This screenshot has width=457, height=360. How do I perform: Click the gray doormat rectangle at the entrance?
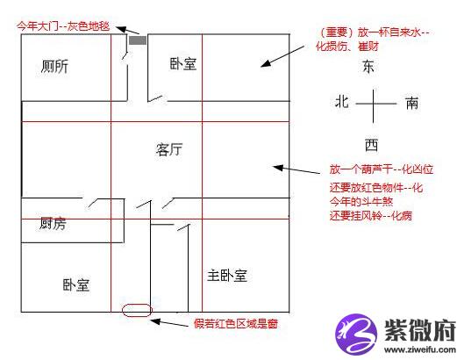pyautogui.click(x=138, y=40)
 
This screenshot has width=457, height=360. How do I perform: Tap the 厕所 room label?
pyautogui.click(x=55, y=67)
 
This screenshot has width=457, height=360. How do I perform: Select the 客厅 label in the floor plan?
pyautogui.click(x=169, y=149)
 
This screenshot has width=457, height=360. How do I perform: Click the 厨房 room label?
pyautogui.click(x=53, y=223)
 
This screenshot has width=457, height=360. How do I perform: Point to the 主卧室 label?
pyautogui.click(x=227, y=276)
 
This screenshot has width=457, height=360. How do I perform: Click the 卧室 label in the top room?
pyautogui.click(x=183, y=64)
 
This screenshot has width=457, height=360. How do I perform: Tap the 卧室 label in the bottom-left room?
pyautogui.click(x=76, y=284)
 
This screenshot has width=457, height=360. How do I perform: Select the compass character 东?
pyautogui.click(x=368, y=67)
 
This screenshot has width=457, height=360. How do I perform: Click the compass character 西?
pyautogui.click(x=371, y=145)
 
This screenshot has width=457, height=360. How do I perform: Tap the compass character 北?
pyautogui.click(x=342, y=102)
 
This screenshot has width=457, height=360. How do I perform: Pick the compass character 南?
pyautogui.click(x=412, y=103)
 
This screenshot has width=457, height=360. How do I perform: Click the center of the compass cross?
pyautogui.click(x=373, y=104)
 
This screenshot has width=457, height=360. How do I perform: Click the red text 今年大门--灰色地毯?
pyautogui.click(x=63, y=26)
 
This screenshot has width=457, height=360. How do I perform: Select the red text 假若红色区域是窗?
pyautogui.click(x=236, y=324)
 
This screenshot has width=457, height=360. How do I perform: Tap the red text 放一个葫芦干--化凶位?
pyautogui.click(x=382, y=169)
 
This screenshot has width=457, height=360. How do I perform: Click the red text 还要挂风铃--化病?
pyautogui.click(x=371, y=216)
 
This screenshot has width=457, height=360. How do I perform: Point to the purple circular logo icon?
pyautogui.click(x=356, y=334)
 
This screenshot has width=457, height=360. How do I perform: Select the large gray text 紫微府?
pyautogui.click(x=420, y=330)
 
